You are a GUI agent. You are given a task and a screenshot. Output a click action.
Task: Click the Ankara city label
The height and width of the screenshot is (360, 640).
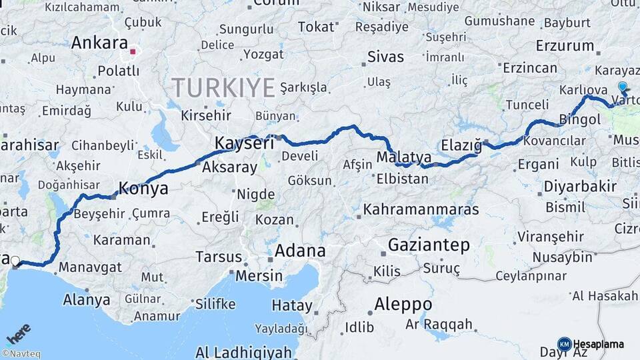click(x=99, y=43)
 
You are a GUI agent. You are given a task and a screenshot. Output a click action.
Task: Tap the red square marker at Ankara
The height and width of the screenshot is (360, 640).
click(x=133, y=51)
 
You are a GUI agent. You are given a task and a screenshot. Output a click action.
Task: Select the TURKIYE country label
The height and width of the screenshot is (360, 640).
click(x=223, y=87)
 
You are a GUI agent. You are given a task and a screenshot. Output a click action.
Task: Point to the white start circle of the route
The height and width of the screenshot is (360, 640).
click(x=15, y=261)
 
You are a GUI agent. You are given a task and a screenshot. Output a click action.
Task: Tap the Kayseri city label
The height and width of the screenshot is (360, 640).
click(x=245, y=143)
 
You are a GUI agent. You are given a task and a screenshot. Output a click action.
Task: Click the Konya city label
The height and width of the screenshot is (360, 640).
click(x=143, y=189)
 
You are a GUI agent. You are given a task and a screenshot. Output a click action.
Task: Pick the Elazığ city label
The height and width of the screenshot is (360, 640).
click(x=461, y=145)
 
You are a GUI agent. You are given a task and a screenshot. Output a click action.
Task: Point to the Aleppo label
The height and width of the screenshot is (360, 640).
click(x=403, y=304)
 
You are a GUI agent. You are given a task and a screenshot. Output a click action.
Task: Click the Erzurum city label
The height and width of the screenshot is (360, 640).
click(x=565, y=46)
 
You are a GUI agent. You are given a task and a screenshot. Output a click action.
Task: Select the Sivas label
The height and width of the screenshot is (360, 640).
click(x=387, y=55)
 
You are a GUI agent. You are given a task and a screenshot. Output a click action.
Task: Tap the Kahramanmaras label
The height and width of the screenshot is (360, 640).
click(x=421, y=209)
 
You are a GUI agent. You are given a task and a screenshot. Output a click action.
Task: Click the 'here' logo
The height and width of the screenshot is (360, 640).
click(x=18, y=334)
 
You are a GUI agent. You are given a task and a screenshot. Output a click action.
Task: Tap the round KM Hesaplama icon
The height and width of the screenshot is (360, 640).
click(x=565, y=344)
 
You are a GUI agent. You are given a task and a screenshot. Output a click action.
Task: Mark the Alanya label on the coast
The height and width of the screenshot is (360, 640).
click(x=87, y=300)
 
